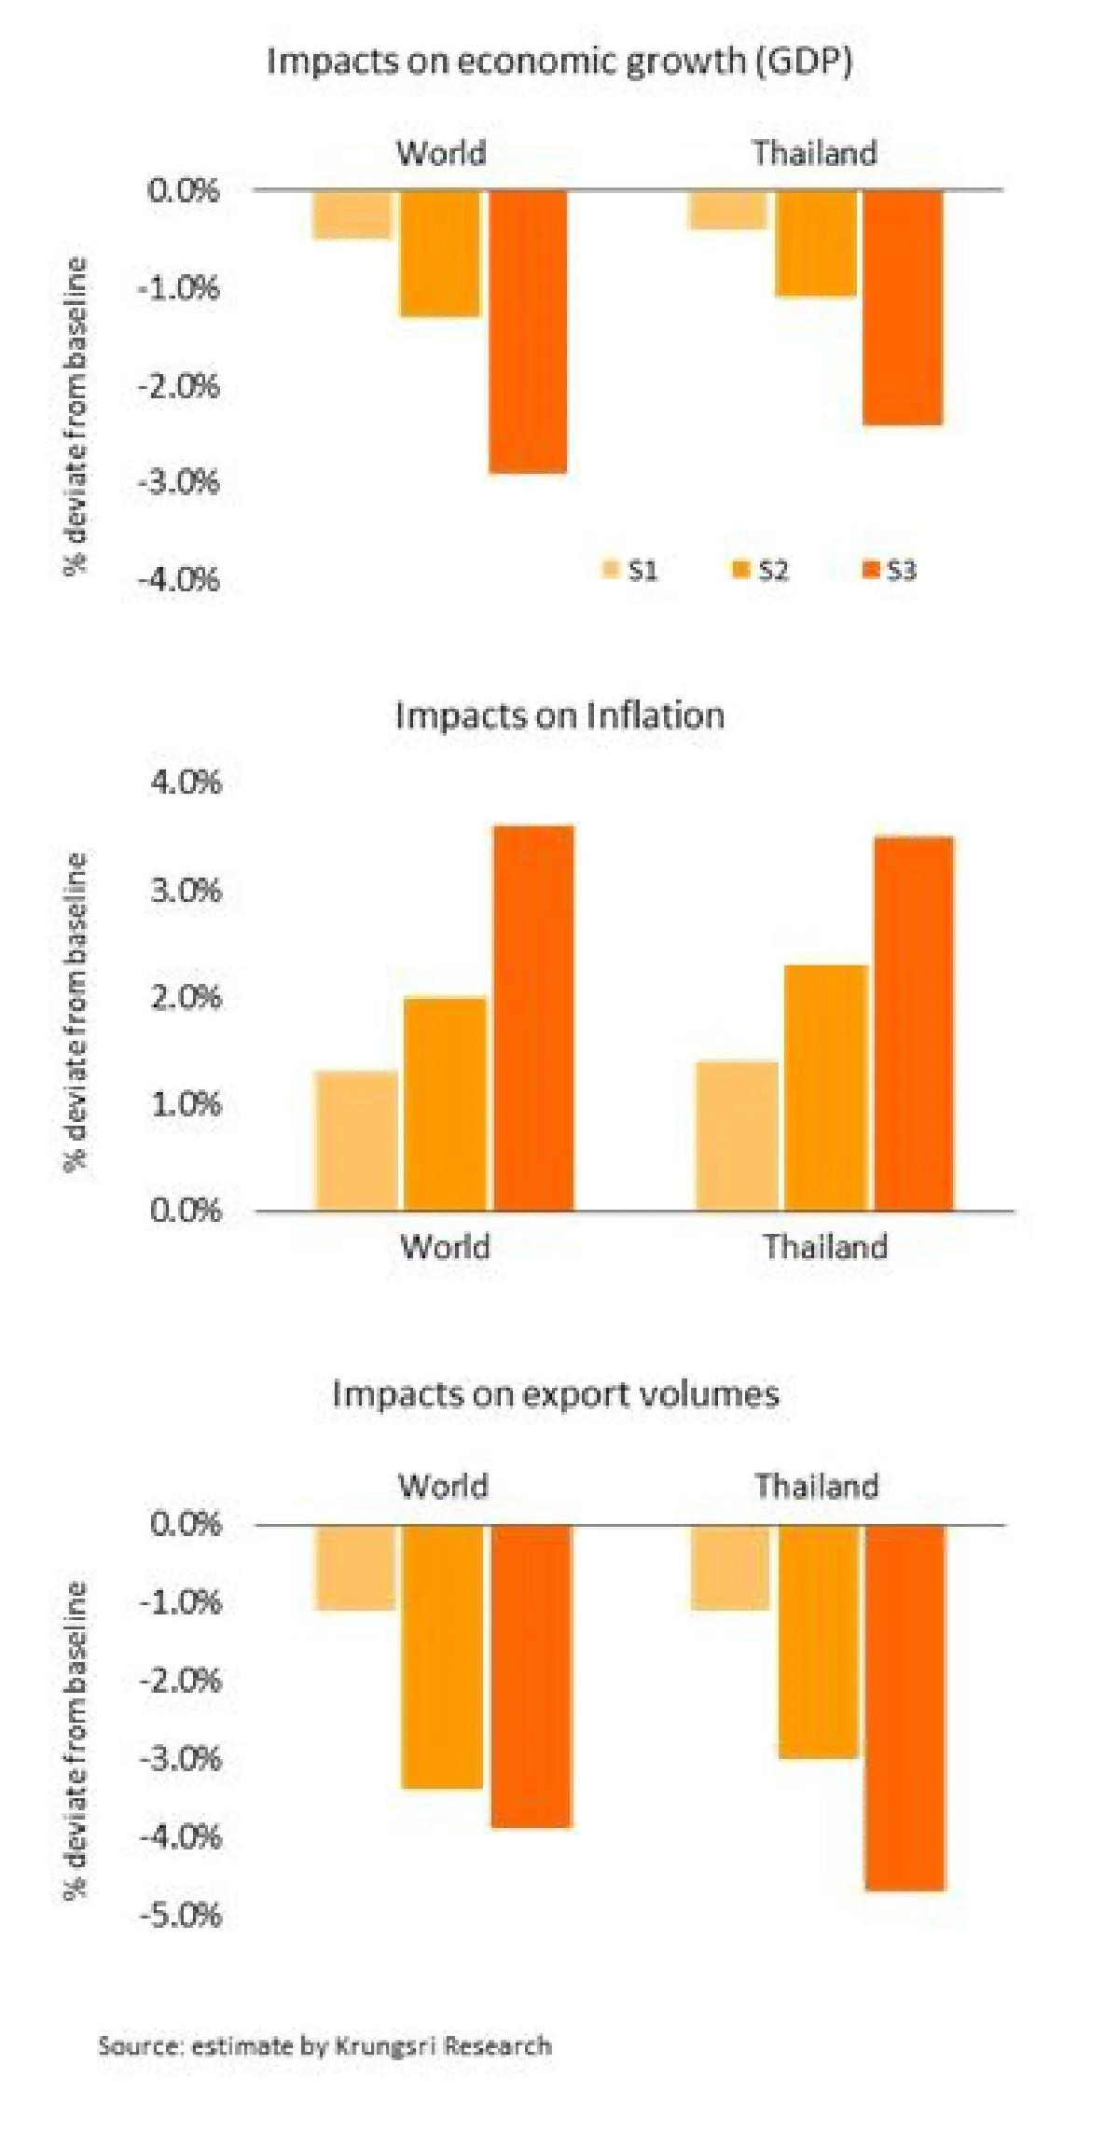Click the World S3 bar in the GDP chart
pyautogui.click(x=528, y=332)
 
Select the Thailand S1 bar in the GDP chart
pyautogui.click(x=727, y=210)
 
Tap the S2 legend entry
pyautogui.click(x=761, y=570)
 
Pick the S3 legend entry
pyautogui.click(x=890, y=570)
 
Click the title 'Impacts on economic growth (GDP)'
pyautogui.click(x=559, y=62)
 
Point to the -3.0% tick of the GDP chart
pyautogui.click(x=179, y=482)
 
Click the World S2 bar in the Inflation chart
pyautogui.click(x=446, y=1104)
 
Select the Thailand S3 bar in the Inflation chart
pyautogui.click(x=914, y=1024)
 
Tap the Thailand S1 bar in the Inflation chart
pyautogui.click(x=737, y=1136)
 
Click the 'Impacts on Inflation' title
pyautogui.click(x=559, y=715)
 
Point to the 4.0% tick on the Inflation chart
pyautogui.click(x=186, y=782)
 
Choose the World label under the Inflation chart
pyautogui.click(x=445, y=1247)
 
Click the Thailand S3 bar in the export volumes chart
pyautogui.click(x=905, y=1708)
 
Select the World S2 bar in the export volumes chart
pyautogui.click(x=443, y=1656)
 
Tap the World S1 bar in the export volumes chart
pyautogui.click(x=355, y=1567)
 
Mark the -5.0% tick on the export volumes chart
pyautogui.click(x=181, y=1916)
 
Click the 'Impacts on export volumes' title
pyautogui.click(x=556, y=1393)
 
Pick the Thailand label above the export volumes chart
pyautogui.click(x=817, y=1486)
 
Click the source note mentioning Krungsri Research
pyautogui.click(x=325, y=2046)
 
